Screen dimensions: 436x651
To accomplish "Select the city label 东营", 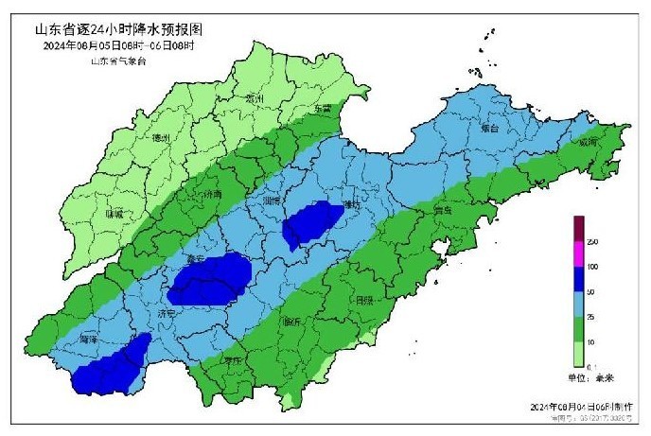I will point(324,109).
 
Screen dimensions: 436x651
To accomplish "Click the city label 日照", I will point(363,300).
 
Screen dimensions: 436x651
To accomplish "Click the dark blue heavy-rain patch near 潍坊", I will point(314,224).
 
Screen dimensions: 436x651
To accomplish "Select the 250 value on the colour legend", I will point(593,243).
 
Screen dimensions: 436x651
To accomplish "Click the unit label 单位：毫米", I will point(592,377).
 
